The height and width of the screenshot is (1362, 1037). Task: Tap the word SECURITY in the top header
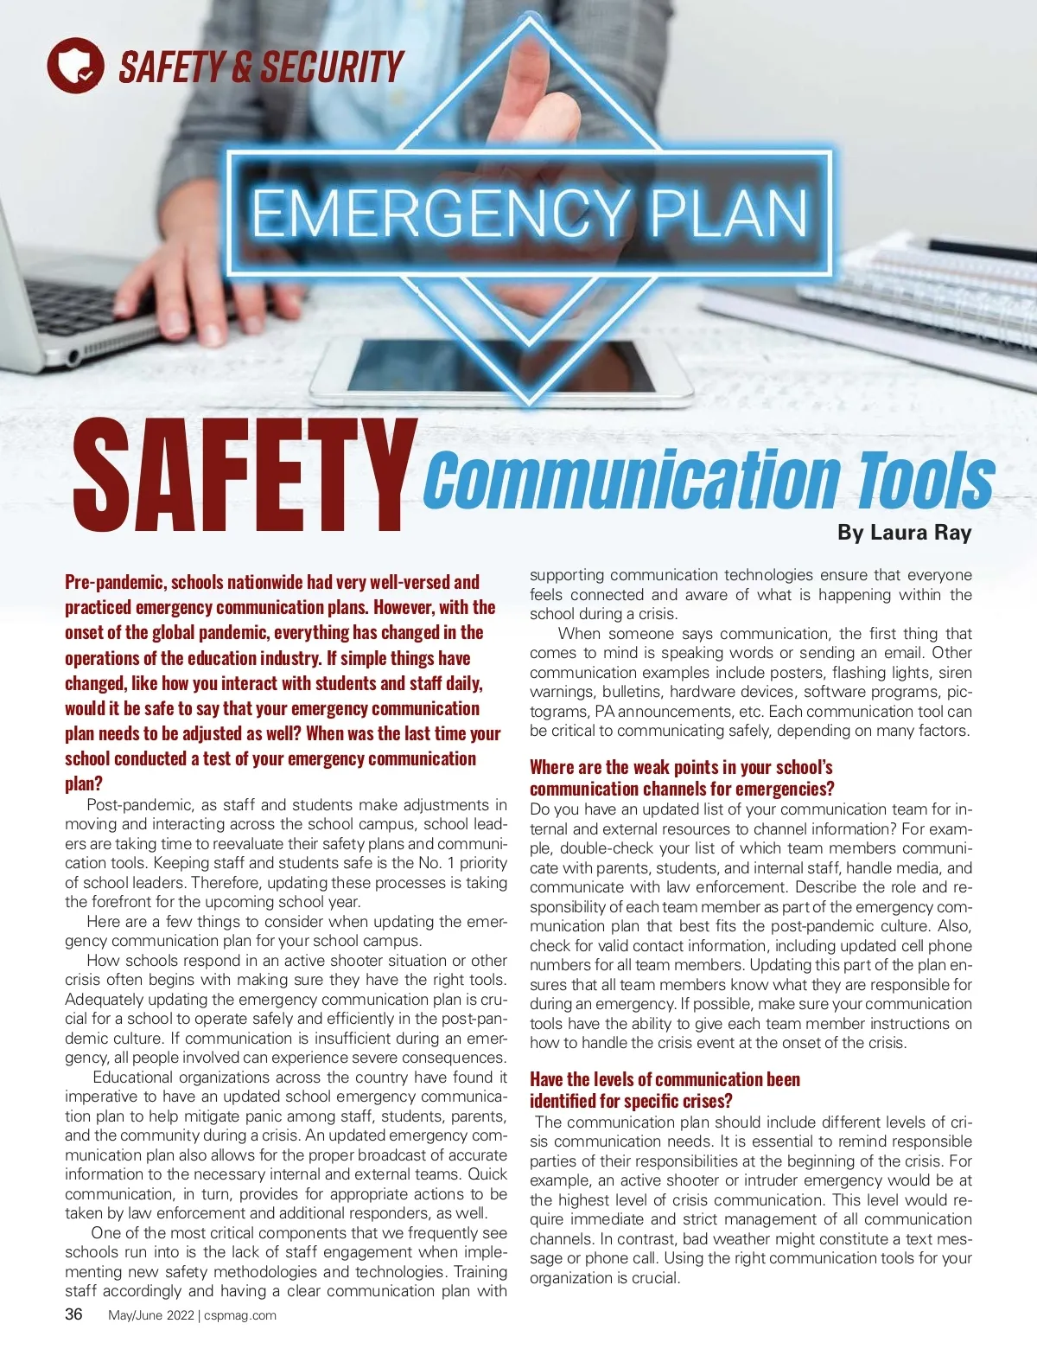coord(333,67)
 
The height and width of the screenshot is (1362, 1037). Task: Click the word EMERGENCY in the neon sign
coord(439,213)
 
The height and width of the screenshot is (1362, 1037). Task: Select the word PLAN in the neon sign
coord(728,213)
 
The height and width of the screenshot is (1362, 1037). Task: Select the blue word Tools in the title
coord(925,480)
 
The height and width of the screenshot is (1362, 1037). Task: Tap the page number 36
coord(74,1314)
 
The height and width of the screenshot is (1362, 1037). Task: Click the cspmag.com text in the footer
coord(240,1315)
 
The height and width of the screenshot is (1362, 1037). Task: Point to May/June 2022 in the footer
coord(151,1315)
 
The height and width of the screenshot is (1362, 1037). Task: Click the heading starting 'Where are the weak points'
coord(681,767)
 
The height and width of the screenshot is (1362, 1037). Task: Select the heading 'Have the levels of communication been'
coord(665,1079)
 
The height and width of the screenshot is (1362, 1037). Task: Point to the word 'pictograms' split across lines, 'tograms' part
coord(559,712)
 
